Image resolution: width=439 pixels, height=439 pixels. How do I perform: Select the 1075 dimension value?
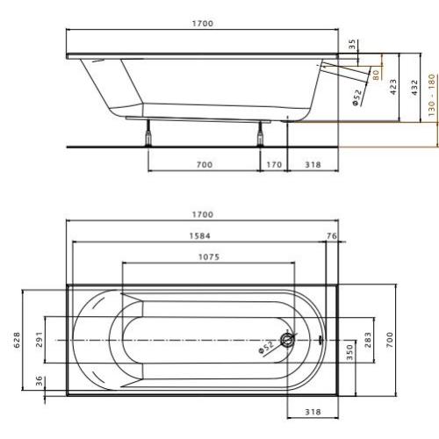[x=208, y=257]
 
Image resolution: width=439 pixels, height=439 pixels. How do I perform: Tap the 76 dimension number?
[x=331, y=235]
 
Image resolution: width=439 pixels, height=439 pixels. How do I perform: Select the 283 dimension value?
[x=368, y=340]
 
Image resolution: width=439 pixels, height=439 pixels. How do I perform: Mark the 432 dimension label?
[x=414, y=88]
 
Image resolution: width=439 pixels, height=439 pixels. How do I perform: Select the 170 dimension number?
[x=273, y=163]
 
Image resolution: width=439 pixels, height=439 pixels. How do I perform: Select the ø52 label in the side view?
[x=358, y=94]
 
